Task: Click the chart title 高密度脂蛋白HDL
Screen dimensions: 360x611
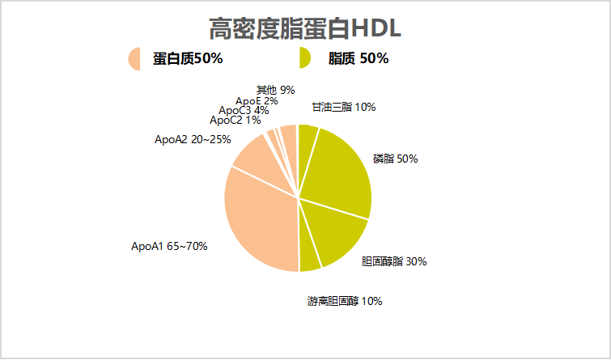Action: [305, 28]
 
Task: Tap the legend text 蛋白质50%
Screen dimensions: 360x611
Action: [188, 58]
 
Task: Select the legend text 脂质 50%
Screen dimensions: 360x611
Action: [359, 58]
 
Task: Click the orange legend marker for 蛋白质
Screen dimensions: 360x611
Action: [134, 58]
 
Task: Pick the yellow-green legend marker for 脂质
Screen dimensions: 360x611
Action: [304, 58]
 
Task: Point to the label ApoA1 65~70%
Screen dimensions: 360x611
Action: [169, 246]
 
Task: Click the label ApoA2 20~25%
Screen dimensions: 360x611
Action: [193, 139]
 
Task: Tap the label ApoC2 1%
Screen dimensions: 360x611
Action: [235, 120]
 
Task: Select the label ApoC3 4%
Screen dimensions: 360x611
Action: [244, 110]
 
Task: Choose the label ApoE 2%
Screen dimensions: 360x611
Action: [257, 101]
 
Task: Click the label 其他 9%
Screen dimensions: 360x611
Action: [275, 90]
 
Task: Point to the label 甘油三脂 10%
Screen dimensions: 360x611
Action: [343, 107]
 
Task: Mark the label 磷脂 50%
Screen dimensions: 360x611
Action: [395, 159]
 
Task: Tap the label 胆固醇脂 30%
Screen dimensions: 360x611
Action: [393, 261]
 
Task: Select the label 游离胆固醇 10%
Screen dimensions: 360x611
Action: [345, 302]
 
